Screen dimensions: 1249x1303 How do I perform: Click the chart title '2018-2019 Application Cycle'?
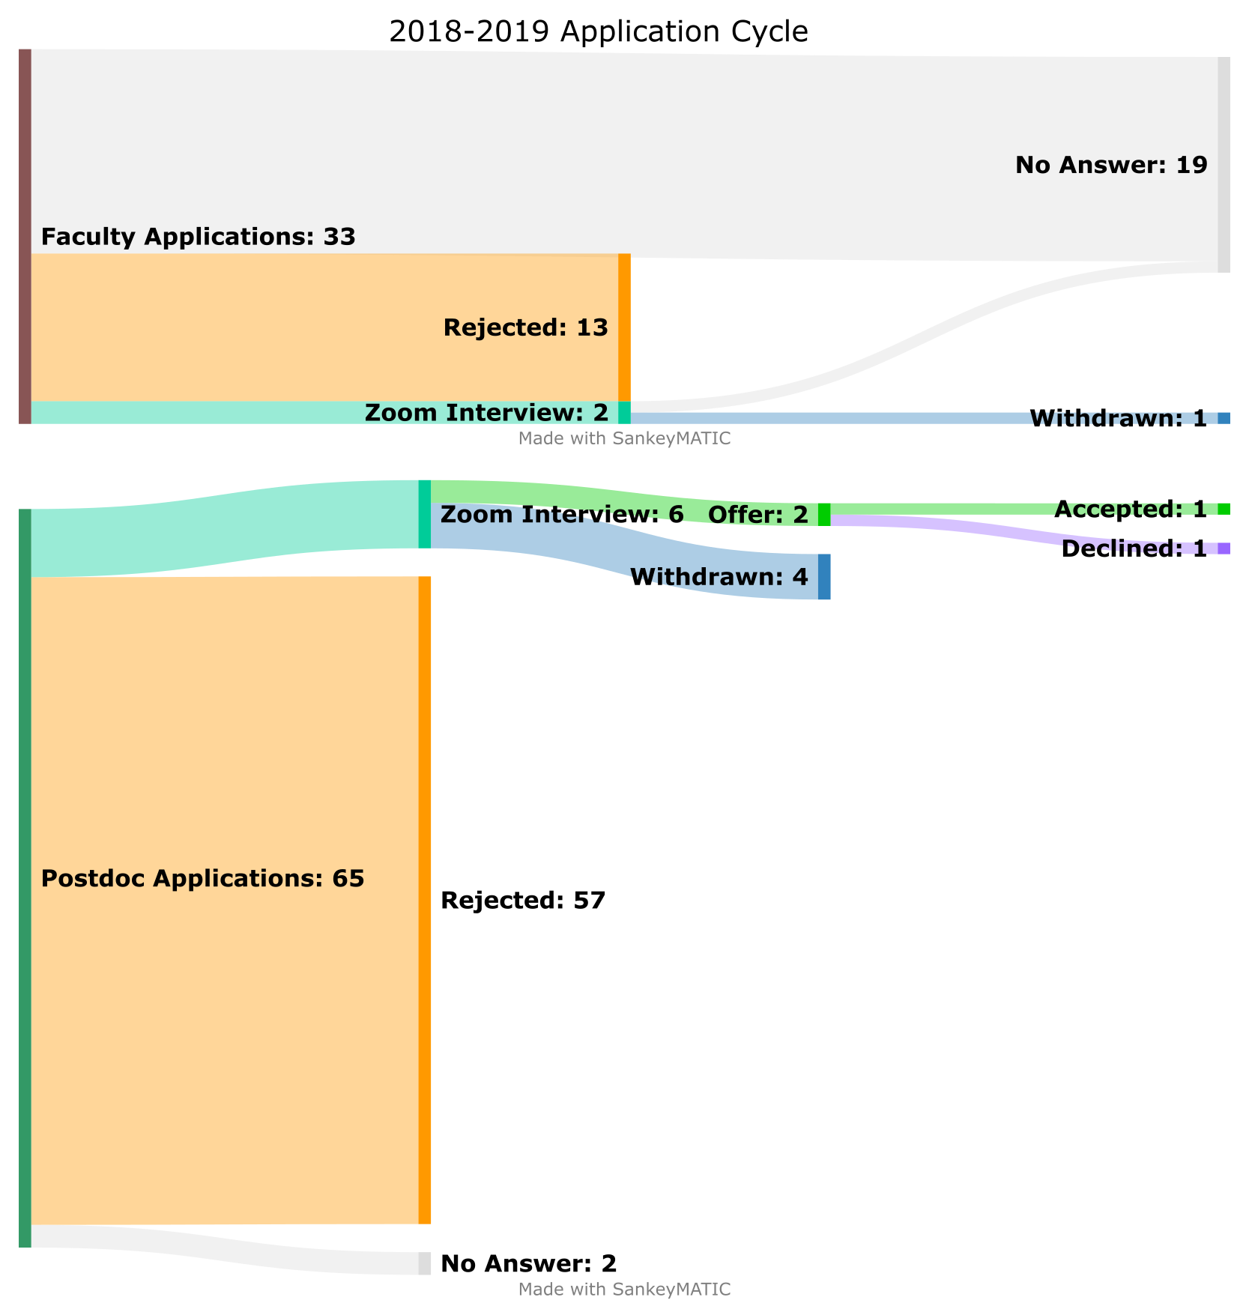pos(599,32)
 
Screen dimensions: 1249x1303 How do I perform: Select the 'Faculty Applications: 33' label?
pos(198,237)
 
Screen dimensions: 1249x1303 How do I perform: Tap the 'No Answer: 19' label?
pos(1111,165)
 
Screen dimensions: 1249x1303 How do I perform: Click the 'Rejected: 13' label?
pos(525,327)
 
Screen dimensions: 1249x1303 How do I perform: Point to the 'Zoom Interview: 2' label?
pos(486,413)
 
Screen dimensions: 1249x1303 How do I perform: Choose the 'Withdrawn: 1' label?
pos(1118,419)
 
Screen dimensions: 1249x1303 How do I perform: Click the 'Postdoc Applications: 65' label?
pos(202,878)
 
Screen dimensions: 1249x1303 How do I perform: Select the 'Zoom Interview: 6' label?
pos(562,515)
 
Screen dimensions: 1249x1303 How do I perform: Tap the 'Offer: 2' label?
pos(757,515)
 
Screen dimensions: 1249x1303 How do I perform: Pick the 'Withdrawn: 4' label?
pos(719,577)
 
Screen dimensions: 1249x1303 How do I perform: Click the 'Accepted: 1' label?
pos(1130,510)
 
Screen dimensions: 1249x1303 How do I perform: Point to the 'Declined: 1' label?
pos(1134,549)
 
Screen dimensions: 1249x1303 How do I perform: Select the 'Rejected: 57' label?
pos(522,901)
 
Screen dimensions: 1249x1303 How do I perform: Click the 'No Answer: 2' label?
pos(528,1264)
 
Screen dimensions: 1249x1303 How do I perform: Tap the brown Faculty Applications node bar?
pos(25,237)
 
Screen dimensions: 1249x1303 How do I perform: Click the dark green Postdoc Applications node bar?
pos(25,878)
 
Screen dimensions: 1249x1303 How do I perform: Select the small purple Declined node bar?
pos(1224,548)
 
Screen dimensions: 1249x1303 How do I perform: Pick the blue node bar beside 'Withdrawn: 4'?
pos(824,577)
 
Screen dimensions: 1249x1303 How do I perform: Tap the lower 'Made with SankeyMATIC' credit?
pos(624,1290)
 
